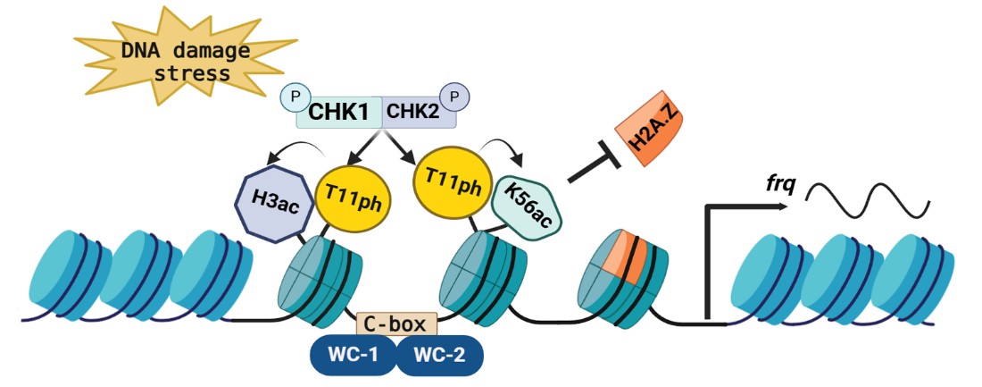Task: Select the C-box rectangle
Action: coord(397,323)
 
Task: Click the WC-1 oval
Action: coord(354,354)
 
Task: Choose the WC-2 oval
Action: coord(437,354)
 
